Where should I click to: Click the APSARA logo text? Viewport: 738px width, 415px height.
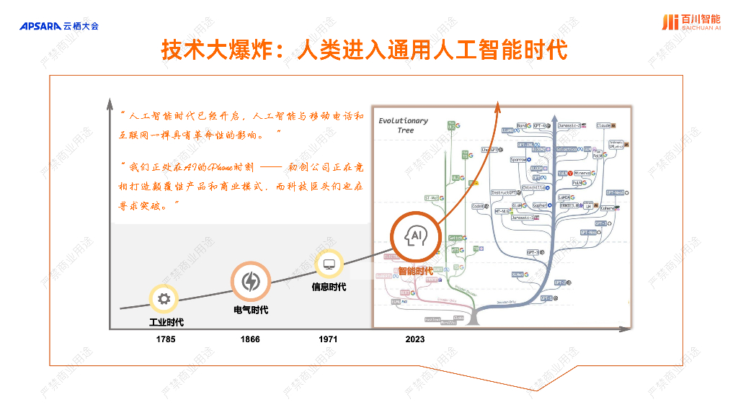40,27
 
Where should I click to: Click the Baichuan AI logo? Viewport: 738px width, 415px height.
690,22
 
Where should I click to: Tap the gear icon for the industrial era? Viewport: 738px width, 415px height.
164,299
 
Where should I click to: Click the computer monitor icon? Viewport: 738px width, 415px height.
329,264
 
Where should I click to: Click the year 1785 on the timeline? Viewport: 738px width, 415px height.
166,339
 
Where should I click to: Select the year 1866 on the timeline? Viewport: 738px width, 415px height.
250,339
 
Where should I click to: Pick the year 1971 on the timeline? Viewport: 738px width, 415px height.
328,339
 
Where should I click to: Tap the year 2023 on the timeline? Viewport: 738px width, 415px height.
415,339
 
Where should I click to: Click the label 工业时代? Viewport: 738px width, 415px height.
166,322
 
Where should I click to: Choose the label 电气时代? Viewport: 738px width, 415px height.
251,310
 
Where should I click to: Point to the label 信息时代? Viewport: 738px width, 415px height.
329,287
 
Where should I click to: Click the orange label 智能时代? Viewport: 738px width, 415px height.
415,271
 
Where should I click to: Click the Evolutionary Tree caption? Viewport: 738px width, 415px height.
403,125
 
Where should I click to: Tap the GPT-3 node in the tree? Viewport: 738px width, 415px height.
534,252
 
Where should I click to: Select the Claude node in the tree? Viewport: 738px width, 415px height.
605,125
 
